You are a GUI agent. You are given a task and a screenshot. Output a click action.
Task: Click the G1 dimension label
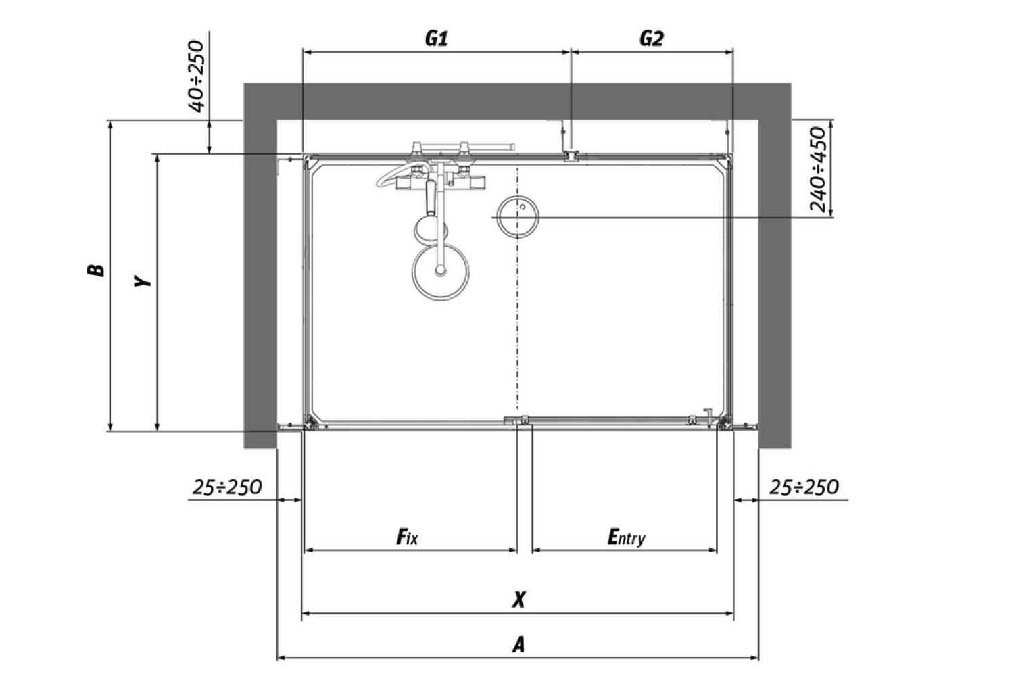[x=437, y=39]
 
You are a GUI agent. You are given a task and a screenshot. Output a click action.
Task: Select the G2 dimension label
[x=652, y=39]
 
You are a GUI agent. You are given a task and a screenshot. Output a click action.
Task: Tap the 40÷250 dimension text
[x=197, y=76]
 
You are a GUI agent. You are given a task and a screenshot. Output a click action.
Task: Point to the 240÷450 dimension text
[x=819, y=170]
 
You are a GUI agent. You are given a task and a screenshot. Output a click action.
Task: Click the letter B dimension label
[x=96, y=270]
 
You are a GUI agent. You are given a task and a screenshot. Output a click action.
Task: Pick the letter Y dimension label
[x=143, y=281]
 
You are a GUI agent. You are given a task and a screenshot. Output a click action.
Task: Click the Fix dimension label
[x=407, y=537]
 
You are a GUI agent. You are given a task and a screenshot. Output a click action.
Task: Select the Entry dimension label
[x=626, y=537]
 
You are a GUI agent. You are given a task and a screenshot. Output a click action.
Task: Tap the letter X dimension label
[x=518, y=600]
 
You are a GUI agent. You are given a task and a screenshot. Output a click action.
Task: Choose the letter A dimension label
[x=518, y=644]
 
